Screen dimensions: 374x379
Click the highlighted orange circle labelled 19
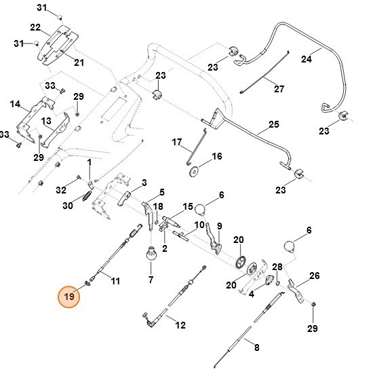pyautogui.click(x=68, y=296)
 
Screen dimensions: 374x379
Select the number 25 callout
pyautogui.click(x=273, y=124)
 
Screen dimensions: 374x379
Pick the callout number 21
pyautogui.click(x=79, y=63)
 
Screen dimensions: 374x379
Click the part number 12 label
pyautogui.click(x=180, y=325)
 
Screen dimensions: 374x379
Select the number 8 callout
pyautogui.click(x=256, y=348)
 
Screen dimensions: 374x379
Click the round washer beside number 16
pyautogui.click(x=195, y=172)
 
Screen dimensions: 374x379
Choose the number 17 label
pyautogui.click(x=177, y=143)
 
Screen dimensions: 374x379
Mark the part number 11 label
pyautogui.click(x=115, y=280)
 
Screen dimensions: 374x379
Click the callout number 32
pyautogui.click(x=61, y=189)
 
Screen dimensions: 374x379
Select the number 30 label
pyautogui.click(x=67, y=206)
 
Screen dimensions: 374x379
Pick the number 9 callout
pyautogui.click(x=220, y=225)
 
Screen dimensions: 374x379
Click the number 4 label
pyautogui.click(x=252, y=294)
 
